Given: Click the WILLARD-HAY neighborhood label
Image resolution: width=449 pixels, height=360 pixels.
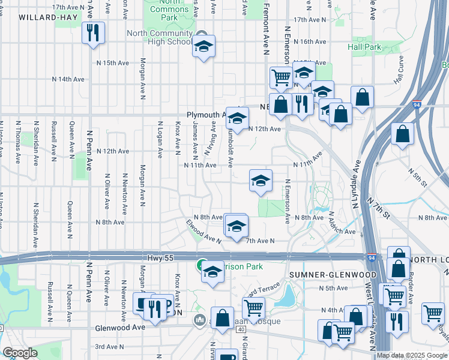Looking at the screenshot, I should [x=48, y=17].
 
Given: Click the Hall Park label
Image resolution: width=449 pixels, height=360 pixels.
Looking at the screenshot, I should [x=364, y=47].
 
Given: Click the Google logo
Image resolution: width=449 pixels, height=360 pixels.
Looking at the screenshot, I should [x=20, y=353].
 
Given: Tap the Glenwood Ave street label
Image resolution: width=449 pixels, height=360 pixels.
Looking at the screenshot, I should [x=120, y=328].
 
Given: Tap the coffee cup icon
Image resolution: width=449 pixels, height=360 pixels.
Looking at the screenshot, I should [x=143, y=303].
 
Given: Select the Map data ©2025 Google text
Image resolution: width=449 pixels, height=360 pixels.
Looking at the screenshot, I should [x=412, y=355].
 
